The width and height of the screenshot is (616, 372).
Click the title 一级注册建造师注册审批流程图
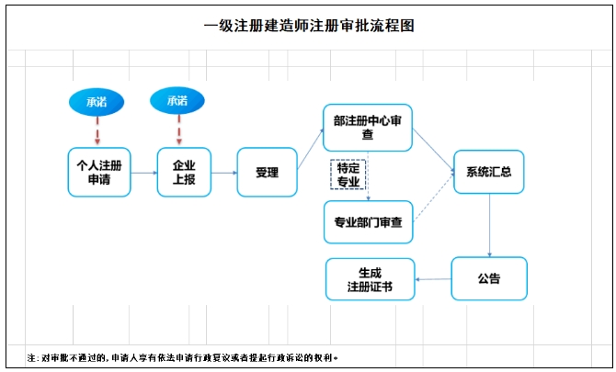pos(309,26)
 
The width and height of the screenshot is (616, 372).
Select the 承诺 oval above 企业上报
pos(177,100)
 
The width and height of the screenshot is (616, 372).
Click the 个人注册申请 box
pos(98,172)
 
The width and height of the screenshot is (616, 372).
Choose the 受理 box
pos(267,172)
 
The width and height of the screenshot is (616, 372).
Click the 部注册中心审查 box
pos(367,128)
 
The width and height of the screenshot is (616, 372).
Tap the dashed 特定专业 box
pos(348,175)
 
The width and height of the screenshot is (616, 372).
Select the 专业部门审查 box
pos(368,221)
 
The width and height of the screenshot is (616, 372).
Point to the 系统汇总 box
pos(488,172)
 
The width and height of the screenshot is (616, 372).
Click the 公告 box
pos(488,278)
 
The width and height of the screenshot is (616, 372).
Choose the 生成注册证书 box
pos(370,279)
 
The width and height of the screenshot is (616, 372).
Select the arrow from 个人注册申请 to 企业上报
pos(143,173)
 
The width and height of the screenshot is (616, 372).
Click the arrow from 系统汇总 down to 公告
pos(488,225)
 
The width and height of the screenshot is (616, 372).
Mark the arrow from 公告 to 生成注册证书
pos(433,279)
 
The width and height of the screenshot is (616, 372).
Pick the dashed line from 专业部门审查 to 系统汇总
pos(434,198)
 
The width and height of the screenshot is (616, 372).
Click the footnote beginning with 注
pos(183,356)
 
